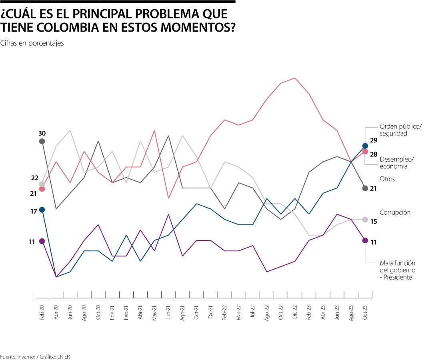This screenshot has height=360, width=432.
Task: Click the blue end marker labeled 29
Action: pyautogui.click(x=365, y=146)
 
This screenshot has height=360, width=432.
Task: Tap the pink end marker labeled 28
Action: pyautogui.click(x=365, y=151)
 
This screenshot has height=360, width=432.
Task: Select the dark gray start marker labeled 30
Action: pyautogui.click(x=42, y=141)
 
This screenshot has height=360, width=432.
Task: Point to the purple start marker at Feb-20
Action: pyautogui.click(x=42, y=241)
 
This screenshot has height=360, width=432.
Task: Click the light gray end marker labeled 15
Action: pyautogui.click(x=365, y=220)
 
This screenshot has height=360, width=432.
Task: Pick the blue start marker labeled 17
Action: pyautogui.click(x=42, y=210)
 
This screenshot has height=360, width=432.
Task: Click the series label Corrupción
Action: pyautogui.click(x=395, y=212)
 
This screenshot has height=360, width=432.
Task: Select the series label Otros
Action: pyautogui.click(x=387, y=179)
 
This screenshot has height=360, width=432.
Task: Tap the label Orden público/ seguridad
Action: pyautogui.click(x=400, y=130)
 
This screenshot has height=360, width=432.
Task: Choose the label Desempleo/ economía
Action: pyautogui.click(x=397, y=162)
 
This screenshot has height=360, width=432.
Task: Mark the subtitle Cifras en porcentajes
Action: pyautogui.click(x=32, y=43)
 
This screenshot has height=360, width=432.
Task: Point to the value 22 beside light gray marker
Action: pyautogui.click(x=34, y=178)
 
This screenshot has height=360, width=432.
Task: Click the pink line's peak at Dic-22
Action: pyautogui.click(x=295, y=78)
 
